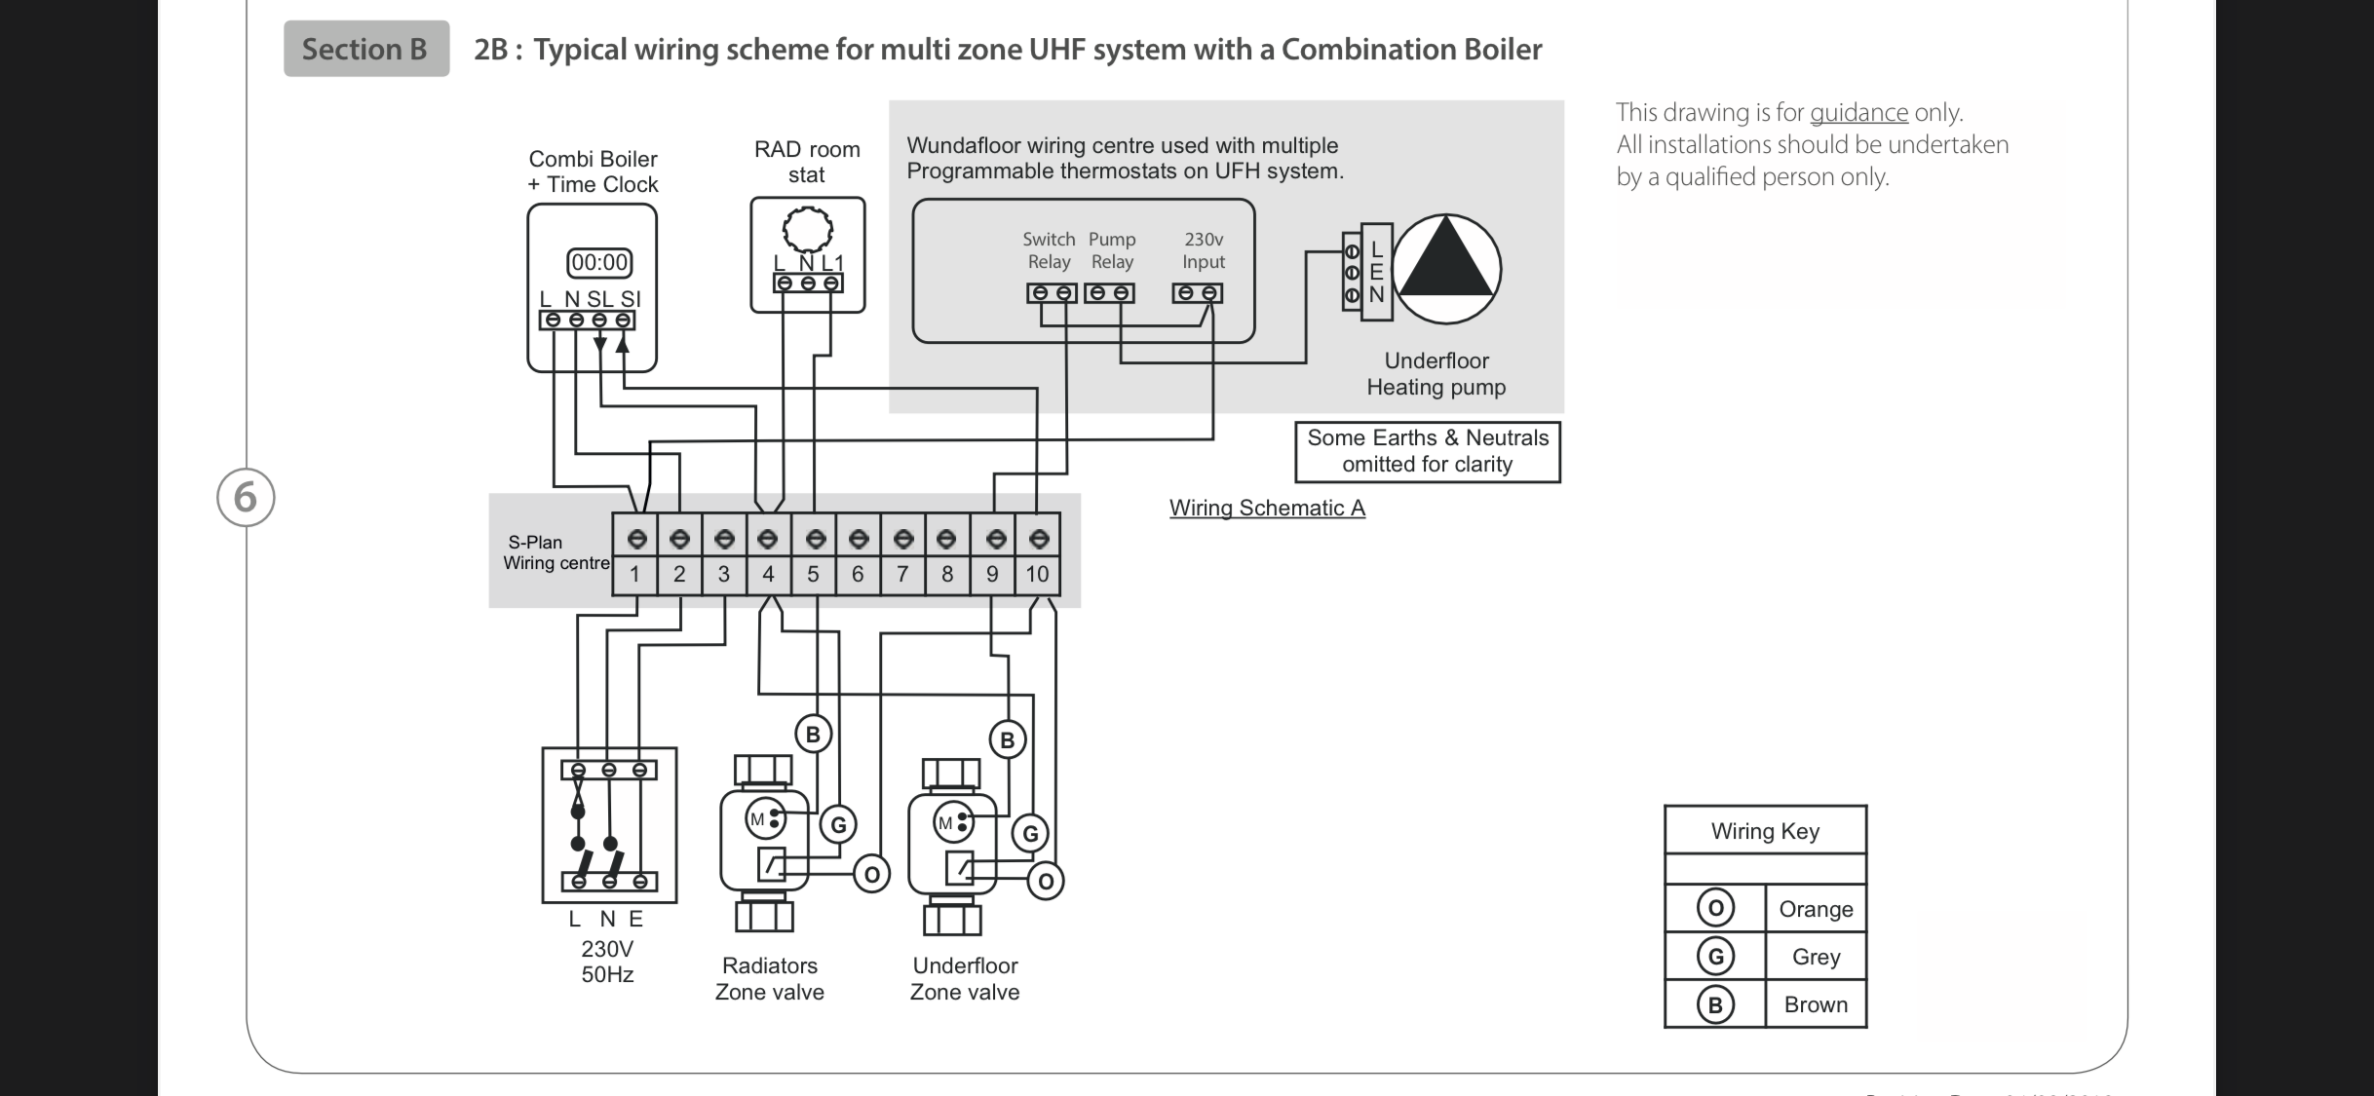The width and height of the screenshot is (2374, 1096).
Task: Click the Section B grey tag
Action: [366, 49]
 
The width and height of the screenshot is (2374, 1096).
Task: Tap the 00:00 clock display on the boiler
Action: [599, 263]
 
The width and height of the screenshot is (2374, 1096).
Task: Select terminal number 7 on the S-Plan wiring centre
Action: [902, 574]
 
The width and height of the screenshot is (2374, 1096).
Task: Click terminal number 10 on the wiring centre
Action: [1037, 574]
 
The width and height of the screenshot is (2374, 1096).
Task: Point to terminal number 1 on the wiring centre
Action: [634, 574]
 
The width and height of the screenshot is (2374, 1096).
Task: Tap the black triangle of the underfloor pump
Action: [1446, 257]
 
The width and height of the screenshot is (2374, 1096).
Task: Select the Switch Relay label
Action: [1049, 250]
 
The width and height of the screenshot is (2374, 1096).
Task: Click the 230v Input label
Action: [1204, 250]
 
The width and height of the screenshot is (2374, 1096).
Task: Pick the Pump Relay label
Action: [1112, 250]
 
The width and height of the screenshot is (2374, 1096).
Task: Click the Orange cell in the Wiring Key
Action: [1816, 909]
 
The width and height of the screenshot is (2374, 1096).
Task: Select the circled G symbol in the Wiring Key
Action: [1715, 957]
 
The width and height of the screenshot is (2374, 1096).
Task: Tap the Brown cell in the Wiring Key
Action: [1816, 1004]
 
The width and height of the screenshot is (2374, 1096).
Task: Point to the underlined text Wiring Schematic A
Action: [1267, 509]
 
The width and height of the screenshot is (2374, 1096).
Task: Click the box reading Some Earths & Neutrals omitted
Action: [1428, 451]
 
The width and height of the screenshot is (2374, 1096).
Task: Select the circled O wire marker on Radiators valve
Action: [871, 875]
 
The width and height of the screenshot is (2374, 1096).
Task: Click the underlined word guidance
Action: [1858, 113]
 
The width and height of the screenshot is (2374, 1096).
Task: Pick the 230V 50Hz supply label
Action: [607, 962]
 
